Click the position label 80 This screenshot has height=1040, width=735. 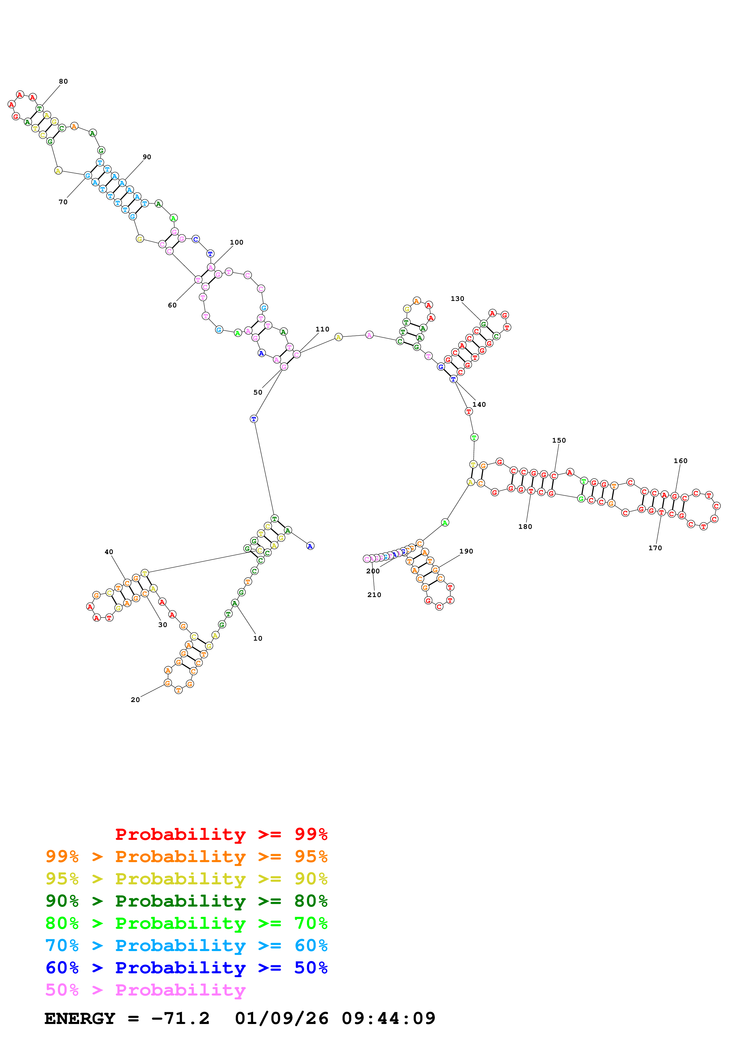[x=63, y=82]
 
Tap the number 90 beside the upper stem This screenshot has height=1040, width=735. [x=147, y=157]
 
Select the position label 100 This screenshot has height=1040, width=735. [x=236, y=242]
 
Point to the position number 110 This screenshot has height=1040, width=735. [x=323, y=329]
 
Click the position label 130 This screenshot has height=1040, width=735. [x=457, y=299]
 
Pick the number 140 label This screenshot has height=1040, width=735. [x=479, y=404]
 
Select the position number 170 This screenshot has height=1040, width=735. [x=655, y=548]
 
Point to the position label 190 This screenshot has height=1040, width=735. [x=466, y=551]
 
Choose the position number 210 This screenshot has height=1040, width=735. [x=374, y=595]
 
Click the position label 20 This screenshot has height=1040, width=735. [x=135, y=700]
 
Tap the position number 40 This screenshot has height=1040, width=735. [x=109, y=552]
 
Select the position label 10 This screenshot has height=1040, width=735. [x=258, y=638]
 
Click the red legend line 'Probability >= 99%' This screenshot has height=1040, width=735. [x=221, y=834]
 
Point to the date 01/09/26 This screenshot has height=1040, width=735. [x=282, y=1018]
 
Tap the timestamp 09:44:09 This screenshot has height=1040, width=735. [x=389, y=1018]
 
